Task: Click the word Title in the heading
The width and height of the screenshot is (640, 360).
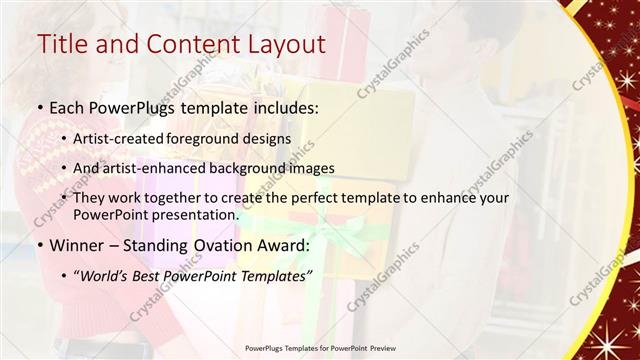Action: pyautogui.click(x=61, y=44)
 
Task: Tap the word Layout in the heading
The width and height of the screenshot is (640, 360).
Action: pyautogui.click(x=279, y=44)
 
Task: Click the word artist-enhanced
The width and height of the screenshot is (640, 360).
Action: pyautogui.click(x=156, y=168)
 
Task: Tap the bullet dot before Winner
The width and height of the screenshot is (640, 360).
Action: pyautogui.click(x=39, y=246)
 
